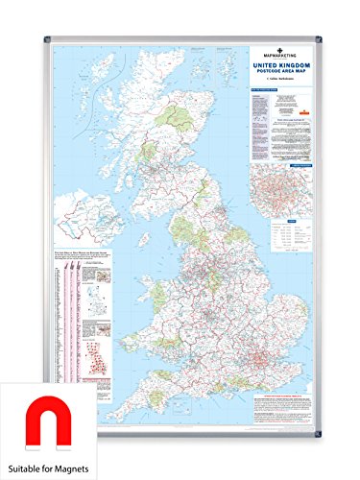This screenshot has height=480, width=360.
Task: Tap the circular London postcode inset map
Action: coord(283,202)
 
